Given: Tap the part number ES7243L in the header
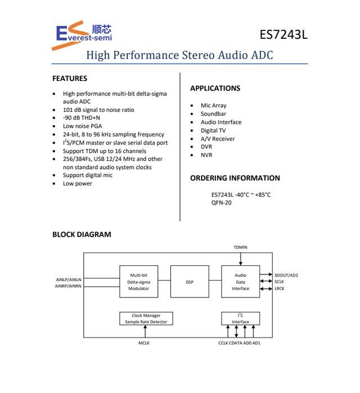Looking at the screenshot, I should click(x=283, y=34).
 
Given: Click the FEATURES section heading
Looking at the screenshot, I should click(x=70, y=79).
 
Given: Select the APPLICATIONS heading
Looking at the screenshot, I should click(x=215, y=88).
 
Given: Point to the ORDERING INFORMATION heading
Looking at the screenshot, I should click(x=235, y=178).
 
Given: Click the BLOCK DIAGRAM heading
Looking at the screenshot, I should click(x=82, y=234).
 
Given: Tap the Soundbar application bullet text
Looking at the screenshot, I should click(x=213, y=114).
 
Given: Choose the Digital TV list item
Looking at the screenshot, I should click(x=213, y=130).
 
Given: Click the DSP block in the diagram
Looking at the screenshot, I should click(x=189, y=282).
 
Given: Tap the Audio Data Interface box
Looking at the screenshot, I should click(x=240, y=282).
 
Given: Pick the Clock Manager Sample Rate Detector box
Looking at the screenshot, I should click(x=146, y=318).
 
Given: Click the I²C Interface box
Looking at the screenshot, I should click(x=240, y=318).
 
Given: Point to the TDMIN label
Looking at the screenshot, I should click(x=240, y=247).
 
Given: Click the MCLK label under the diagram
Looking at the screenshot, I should click(x=144, y=342).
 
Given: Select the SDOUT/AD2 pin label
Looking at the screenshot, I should click(x=286, y=275).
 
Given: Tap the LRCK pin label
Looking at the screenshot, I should click(x=280, y=288).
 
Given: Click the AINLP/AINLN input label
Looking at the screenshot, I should click(x=68, y=279).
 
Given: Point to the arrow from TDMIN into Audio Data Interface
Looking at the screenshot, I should click(x=240, y=258).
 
